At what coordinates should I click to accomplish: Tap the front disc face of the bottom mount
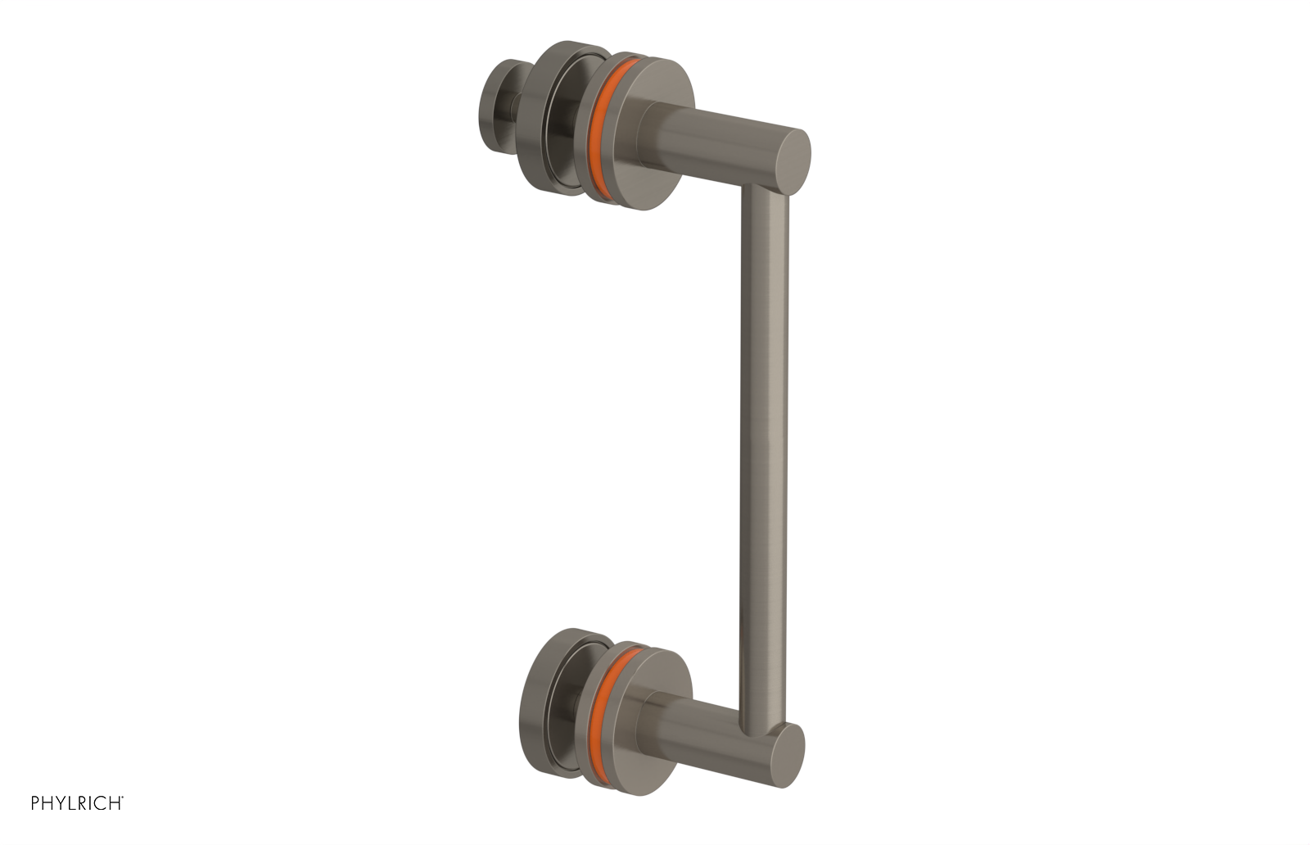point(647,737)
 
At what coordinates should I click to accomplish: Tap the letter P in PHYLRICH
point(36,803)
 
